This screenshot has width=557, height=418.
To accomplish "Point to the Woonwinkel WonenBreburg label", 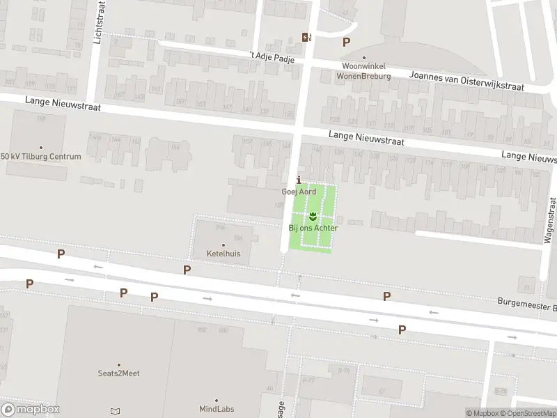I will [x=363, y=71].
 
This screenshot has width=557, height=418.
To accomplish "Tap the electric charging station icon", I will [x=306, y=37].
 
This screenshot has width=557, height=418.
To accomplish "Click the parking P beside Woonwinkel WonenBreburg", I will [x=346, y=42].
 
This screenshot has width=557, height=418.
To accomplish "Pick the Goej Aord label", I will [x=299, y=192].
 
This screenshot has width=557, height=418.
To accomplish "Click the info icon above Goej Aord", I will [x=299, y=180].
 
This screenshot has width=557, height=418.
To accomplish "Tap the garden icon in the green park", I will [x=313, y=215].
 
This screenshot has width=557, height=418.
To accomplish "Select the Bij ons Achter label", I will [x=313, y=228].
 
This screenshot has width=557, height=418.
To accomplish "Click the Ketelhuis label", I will [x=223, y=254].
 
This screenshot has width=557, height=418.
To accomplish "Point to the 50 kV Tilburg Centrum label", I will [x=40, y=156].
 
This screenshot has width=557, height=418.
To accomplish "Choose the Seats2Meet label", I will [x=118, y=373].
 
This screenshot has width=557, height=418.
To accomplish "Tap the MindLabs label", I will [x=214, y=409].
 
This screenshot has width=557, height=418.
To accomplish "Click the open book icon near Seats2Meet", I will [x=115, y=411].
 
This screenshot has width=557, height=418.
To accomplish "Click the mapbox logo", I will [x=31, y=410].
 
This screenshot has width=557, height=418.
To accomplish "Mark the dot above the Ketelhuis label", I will [x=223, y=245].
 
